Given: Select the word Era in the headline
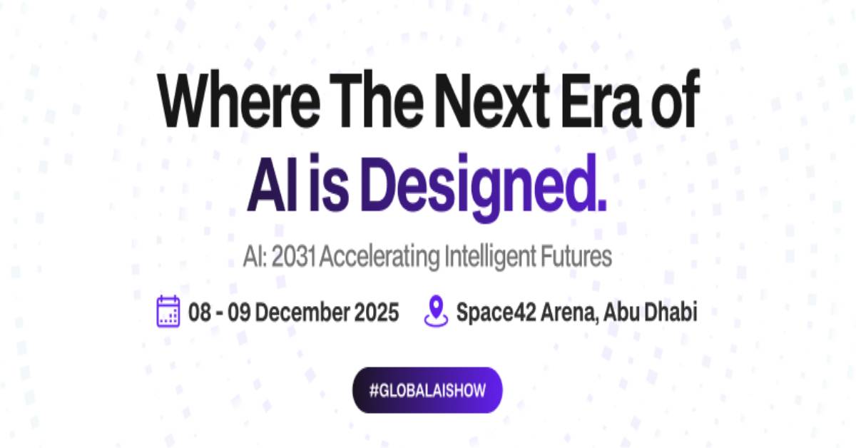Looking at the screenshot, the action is point(601,99).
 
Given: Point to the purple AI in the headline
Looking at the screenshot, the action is point(272,183).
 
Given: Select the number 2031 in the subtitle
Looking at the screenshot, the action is point(293,257).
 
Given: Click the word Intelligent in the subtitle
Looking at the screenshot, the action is point(490,258).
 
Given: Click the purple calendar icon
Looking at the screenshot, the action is point(168,311).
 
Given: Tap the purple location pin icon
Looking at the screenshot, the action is point(436,311).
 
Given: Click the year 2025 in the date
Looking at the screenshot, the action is point(377,312).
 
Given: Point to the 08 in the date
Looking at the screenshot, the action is point(200,312).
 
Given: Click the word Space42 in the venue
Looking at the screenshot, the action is point(496,312).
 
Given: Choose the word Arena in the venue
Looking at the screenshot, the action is point(569,312).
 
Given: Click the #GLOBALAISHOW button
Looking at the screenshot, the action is point(427,390).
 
